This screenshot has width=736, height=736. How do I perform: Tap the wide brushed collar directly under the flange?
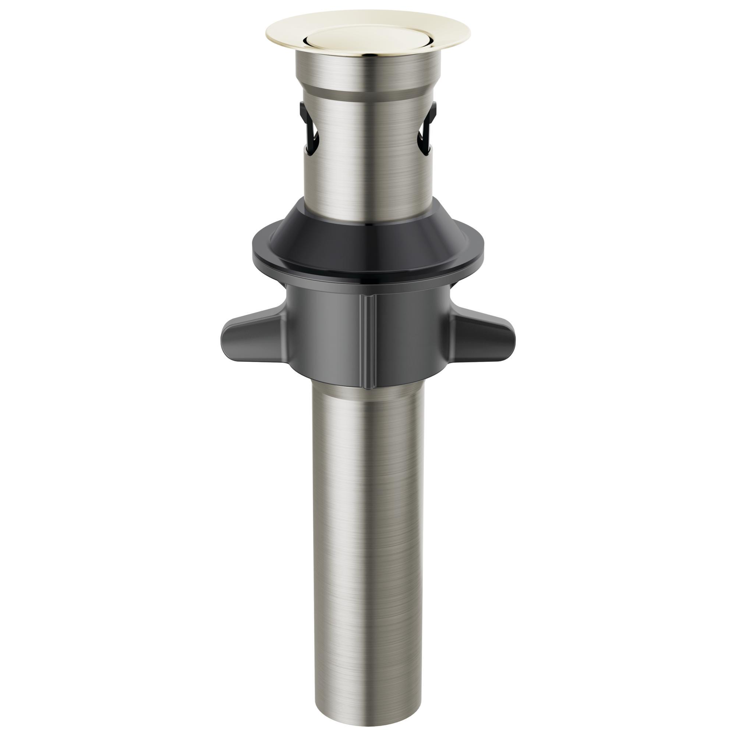pyautogui.click(x=368, y=72)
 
